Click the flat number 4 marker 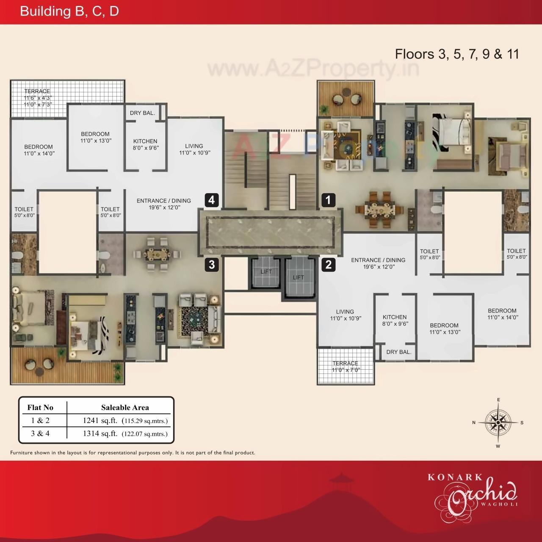coord(212,200)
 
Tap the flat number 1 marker coord(328,200)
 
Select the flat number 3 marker coord(212,265)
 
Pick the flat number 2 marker coord(328,265)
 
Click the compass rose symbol coord(498,422)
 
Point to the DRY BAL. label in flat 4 coord(142,113)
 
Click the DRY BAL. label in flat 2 coord(398,352)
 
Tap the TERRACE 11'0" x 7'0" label coord(345,366)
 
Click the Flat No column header coord(40,407)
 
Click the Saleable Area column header coord(125,407)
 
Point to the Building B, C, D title coord(69,11)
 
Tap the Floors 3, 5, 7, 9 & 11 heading coord(457,54)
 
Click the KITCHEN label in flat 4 coord(145,144)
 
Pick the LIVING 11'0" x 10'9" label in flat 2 coord(346,315)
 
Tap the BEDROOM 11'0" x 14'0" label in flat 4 coord(39,150)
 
